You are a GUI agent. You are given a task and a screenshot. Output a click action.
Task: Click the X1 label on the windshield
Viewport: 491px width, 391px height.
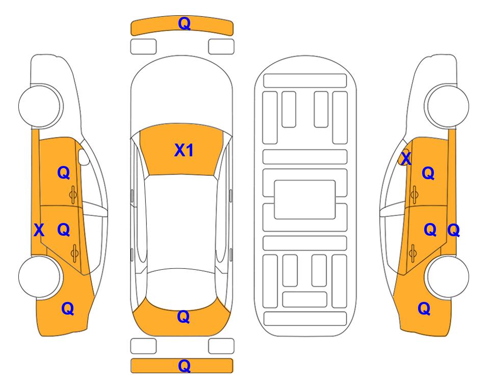[184, 150]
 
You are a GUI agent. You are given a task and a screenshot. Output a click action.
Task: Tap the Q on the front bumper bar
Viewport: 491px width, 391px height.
[184, 23]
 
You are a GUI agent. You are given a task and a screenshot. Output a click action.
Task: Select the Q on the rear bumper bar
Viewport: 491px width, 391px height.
[184, 366]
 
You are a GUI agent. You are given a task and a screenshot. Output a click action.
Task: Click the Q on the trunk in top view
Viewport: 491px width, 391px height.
[184, 317]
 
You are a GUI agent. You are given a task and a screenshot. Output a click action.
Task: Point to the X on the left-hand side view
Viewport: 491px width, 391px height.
[39, 230]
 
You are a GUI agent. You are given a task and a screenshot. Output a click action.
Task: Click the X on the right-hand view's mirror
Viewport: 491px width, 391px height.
[406, 158]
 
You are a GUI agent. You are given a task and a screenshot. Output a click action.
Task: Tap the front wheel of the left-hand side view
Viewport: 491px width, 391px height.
[40, 105]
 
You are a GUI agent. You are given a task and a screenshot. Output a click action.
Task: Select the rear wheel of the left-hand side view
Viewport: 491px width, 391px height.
[40, 276]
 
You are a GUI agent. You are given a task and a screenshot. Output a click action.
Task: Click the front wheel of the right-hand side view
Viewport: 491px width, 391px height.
[447, 105]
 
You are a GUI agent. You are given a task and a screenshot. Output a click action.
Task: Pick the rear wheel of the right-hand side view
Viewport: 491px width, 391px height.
[447, 276]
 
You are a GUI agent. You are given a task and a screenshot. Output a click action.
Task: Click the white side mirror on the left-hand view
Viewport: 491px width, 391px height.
[84, 157]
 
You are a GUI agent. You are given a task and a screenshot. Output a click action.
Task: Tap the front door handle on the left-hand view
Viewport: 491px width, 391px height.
[73, 195]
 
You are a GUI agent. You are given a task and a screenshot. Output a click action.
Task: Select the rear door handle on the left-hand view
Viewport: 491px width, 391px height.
[74, 253]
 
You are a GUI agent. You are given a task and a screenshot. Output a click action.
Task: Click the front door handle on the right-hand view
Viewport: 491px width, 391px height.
[415, 195]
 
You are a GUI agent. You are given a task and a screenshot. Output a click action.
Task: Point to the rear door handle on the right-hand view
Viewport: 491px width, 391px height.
[412, 253]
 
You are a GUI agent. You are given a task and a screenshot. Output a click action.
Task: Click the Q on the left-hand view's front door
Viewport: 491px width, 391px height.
[64, 173]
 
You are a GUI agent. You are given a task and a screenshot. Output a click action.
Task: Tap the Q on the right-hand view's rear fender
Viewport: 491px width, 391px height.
[424, 309]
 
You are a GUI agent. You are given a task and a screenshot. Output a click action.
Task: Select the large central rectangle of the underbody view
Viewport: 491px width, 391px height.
[305, 200]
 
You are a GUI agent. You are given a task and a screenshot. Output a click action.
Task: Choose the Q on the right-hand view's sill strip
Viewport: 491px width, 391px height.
[453, 231]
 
